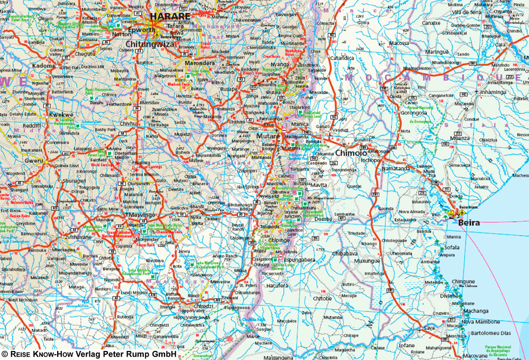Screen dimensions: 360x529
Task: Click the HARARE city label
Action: (x=170, y=17)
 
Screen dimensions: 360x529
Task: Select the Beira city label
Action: (x=469, y=223)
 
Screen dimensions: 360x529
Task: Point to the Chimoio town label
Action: (x=351, y=152)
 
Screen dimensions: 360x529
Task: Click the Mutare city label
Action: (x=268, y=136)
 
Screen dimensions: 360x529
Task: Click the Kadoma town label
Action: (x=44, y=66)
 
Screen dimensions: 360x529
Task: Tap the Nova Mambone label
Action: (x=480, y=322)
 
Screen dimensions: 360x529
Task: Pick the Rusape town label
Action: (x=229, y=88)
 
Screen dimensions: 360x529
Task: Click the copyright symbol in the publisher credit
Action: (x=5, y=354)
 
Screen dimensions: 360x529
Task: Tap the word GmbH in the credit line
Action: (x=164, y=354)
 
